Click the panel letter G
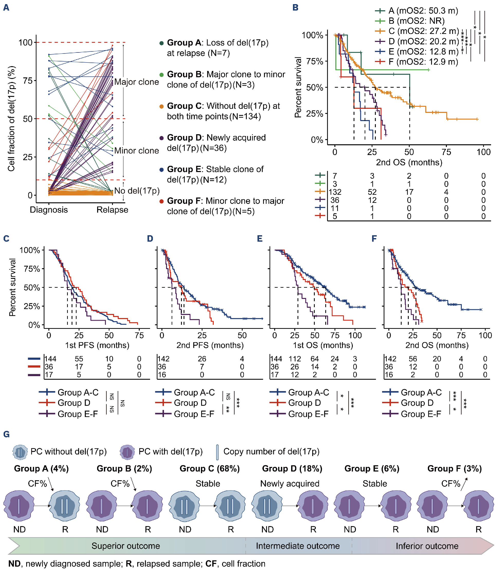(6, 434)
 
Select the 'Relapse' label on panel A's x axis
(112, 210)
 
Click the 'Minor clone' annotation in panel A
(136, 151)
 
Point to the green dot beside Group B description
(161, 75)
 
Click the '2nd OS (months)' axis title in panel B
(409, 162)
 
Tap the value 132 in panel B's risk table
(335, 192)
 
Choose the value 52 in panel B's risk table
(372, 192)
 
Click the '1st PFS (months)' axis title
(97, 345)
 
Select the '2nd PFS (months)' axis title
(210, 345)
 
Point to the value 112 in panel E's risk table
(294, 359)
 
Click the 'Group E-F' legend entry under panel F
(421, 414)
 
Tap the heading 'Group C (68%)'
(209, 468)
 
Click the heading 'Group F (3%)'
(454, 468)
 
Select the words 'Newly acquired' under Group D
(290, 483)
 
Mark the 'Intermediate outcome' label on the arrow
(298, 546)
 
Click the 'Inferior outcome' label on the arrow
(427, 546)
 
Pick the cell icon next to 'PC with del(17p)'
(127, 452)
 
